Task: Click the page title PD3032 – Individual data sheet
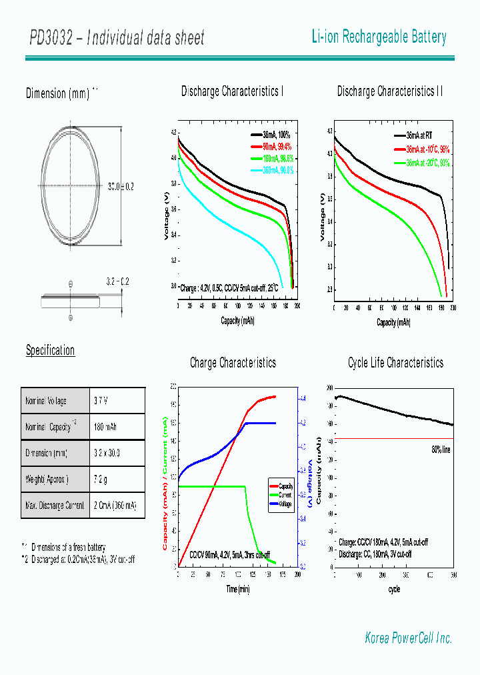pos(117,38)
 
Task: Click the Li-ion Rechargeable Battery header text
pos(379,37)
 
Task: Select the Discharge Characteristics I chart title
pos(233,91)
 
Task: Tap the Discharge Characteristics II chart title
pos(390,91)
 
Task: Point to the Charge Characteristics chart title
pos(233,363)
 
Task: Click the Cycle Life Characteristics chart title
pos(395,363)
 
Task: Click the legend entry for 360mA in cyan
pos(271,171)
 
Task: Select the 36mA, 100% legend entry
pos(271,135)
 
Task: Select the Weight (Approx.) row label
pos(47,479)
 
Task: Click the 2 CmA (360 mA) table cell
pos(116,506)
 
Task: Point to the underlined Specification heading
pos(51,350)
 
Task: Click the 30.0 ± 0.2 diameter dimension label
pos(121,187)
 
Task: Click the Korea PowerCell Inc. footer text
pos(409,638)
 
